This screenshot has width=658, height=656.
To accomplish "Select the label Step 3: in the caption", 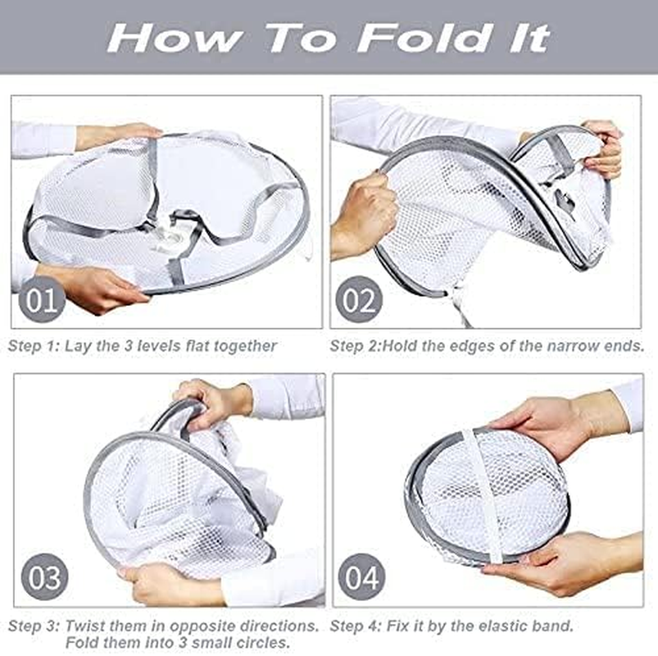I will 34,626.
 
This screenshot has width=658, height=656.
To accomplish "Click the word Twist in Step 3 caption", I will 84,626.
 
